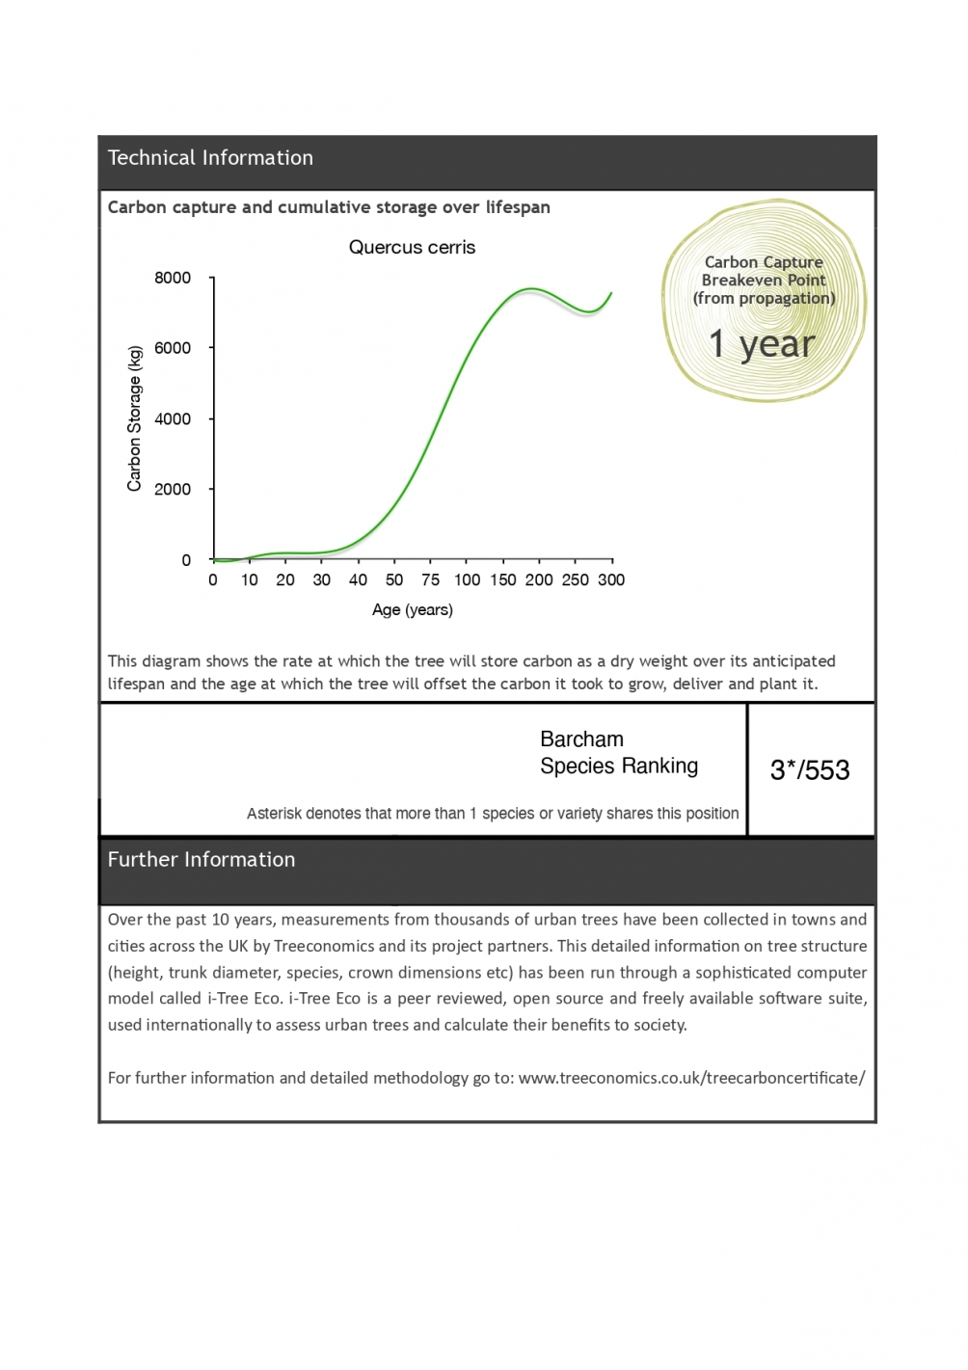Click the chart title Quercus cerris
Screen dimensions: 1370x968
click(412, 248)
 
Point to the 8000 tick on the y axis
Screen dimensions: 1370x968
click(173, 278)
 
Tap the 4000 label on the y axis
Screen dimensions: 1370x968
click(173, 418)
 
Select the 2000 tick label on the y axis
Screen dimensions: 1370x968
click(173, 489)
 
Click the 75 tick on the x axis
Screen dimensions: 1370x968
click(430, 579)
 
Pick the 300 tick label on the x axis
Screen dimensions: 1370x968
click(611, 579)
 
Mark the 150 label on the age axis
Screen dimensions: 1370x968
click(502, 579)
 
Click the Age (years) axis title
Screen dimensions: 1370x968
click(412, 609)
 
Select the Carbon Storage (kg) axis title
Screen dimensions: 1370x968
click(134, 418)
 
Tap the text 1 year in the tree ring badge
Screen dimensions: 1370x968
click(762, 344)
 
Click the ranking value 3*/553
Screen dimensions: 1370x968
click(810, 770)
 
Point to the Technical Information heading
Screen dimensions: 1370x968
click(210, 158)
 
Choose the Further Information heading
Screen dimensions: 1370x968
click(202, 860)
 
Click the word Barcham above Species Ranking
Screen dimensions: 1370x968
click(581, 739)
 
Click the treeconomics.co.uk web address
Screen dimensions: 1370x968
click(691, 1078)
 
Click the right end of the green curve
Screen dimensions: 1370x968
click(610, 293)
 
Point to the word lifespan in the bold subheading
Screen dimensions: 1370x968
click(518, 207)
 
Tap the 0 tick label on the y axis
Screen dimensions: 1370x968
click(186, 560)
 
